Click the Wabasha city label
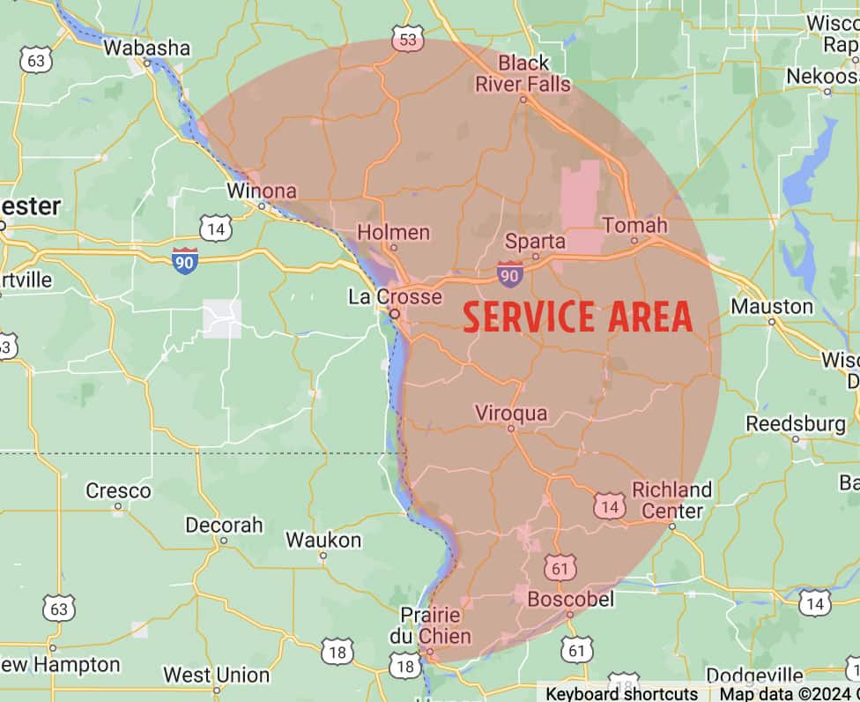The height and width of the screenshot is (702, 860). pyautogui.click(x=146, y=48)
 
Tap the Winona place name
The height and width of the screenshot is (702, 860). pyautogui.click(x=262, y=190)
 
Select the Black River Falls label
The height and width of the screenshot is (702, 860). pyautogui.click(x=523, y=74)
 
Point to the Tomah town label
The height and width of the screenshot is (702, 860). pyautogui.click(x=635, y=225)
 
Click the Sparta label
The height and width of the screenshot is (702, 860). pyautogui.click(x=535, y=241)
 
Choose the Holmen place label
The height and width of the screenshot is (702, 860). pyautogui.click(x=393, y=233)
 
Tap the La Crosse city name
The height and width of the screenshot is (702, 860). pyautogui.click(x=395, y=296)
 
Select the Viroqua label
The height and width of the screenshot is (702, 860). pyautogui.click(x=511, y=413)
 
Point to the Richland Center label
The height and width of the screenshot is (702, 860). pyautogui.click(x=672, y=500)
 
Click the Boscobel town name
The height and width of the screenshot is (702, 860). pyautogui.click(x=568, y=599)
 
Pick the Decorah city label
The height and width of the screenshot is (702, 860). pyautogui.click(x=224, y=526)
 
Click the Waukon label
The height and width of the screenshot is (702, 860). pyautogui.click(x=323, y=540)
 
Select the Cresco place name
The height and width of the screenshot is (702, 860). pyautogui.click(x=118, y=490)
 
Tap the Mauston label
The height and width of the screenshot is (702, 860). pyautogui.click(x=772, y=306)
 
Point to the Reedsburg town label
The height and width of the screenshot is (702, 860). pyautogui.click(x=796, y=424)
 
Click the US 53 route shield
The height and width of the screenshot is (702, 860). pyautogui.click(x=408, y=41)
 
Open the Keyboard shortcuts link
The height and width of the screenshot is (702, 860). pyautogui.click(x=621, y=693)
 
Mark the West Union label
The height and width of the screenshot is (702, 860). pyautogui.click(x=216, y=676)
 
